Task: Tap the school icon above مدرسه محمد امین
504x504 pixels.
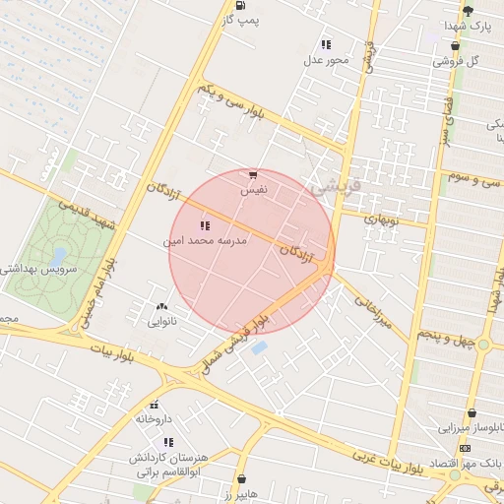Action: coord(205,226)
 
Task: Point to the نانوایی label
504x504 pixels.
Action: coord(161,321)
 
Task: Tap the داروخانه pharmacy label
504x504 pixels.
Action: coord(154,417)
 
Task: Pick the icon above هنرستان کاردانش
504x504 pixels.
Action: coord(168,443)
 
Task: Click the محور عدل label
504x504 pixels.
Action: coord(326,60)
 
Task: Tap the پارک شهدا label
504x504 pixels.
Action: coord(468,25)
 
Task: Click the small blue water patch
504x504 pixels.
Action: coord(259,347)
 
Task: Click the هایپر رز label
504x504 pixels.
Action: coord(239,492)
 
